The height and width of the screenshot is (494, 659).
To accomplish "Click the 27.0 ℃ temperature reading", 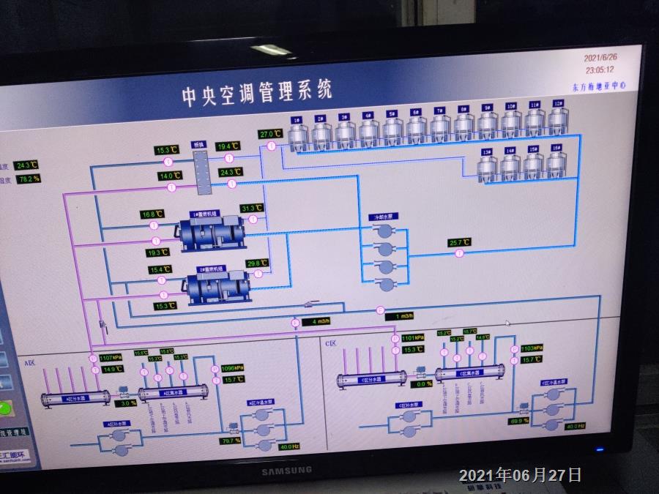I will (x=270, y=134).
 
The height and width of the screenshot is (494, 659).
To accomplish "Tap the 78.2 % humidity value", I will (x=29, y=179).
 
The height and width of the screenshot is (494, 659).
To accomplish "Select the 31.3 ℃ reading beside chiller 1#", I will (x=251, y=208).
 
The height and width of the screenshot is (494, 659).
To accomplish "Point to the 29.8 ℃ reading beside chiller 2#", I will (x=257, y=263).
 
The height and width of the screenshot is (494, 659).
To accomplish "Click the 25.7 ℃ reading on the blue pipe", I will (x=459, y=242).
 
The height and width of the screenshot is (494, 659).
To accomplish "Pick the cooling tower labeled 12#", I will (x=558, y=124).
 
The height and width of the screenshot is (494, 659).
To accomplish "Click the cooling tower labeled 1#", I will (x=298, y=135).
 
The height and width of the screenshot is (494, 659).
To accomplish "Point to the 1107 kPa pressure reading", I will (x=108, y=359).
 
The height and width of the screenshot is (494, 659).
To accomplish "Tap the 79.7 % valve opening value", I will (x=231, y=441).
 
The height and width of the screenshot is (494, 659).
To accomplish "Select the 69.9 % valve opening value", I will (x=519, y=421).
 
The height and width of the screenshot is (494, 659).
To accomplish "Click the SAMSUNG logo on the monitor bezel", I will (x=287, y=471).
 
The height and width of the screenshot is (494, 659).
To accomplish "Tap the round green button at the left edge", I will (x=5, y=408).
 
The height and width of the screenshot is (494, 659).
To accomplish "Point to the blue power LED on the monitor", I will (x=600, y=450).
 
